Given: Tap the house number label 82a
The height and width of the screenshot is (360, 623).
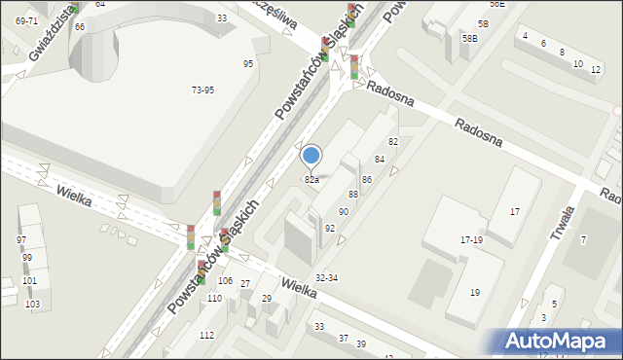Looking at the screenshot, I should coord(311,180).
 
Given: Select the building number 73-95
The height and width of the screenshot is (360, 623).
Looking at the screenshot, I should coord(202,90).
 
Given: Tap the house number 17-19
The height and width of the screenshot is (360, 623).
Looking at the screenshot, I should coord(471,239).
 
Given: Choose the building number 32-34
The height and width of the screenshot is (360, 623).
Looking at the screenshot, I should coord(326,278).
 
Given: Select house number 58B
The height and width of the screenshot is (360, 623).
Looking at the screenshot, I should coord(470,38).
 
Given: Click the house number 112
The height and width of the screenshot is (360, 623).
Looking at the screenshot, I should coord(206,335).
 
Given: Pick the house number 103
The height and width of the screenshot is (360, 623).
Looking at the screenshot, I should coord(31,305).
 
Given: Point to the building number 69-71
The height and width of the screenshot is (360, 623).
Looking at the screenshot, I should coord(26,20).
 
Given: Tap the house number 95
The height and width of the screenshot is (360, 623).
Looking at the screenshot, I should coord(248,63).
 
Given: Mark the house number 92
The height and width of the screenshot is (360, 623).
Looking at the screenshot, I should coord(330,228).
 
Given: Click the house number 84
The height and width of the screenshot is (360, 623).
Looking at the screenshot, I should coord(380,159).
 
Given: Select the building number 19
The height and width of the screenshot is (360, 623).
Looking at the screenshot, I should coord(474,292).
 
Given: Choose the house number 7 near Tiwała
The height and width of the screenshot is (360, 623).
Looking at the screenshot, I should coord(583,239).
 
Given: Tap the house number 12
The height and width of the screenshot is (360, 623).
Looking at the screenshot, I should coord(595,70).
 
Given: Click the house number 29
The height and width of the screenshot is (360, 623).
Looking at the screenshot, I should coord(266,298).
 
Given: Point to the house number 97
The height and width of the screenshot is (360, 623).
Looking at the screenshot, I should coord(21,239).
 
